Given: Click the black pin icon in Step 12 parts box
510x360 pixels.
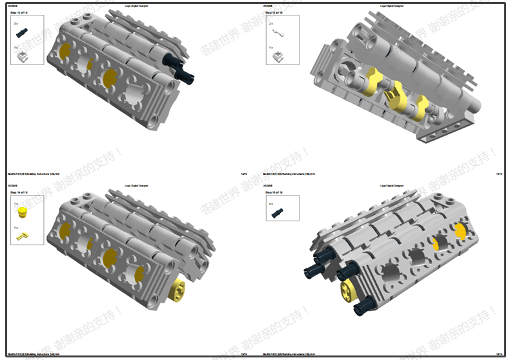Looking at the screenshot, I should pos(23,31).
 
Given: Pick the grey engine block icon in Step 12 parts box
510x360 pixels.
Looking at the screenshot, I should pos(21,55).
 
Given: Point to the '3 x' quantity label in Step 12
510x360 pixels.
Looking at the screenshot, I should pos(16,23).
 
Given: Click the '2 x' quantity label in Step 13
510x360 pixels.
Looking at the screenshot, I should pos(271,23).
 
